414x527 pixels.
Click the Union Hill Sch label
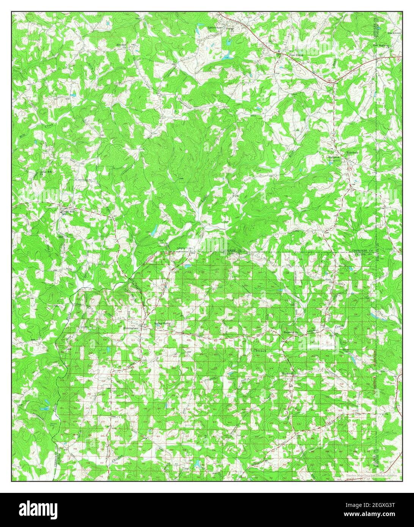tap(68, 212)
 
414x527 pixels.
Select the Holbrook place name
tap(333, 157)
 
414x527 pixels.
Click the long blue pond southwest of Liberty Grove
tap(154, 230)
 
